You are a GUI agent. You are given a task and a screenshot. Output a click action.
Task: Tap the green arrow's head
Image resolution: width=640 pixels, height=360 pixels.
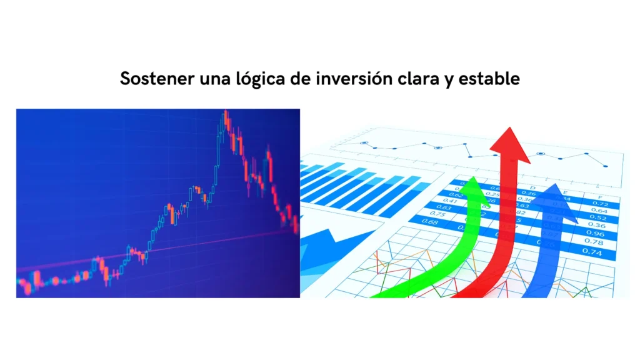[x=472, y=184]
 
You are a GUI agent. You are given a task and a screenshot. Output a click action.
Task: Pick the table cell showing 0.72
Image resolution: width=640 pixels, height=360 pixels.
[x=600, y=204]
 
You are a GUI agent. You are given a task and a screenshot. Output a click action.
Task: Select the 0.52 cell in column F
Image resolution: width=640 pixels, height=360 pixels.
[x=599, y=218]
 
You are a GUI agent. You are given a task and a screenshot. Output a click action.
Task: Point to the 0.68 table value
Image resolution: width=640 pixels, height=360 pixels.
[x=430, y=222]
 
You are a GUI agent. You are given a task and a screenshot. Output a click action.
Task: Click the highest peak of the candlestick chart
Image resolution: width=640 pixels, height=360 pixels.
[x=225, y=113]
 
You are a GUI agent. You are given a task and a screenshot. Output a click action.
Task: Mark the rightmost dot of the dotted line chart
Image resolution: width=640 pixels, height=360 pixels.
[x=605, y=166]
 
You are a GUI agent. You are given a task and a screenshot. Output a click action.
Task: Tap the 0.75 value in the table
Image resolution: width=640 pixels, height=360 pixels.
[x=438, y=214]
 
